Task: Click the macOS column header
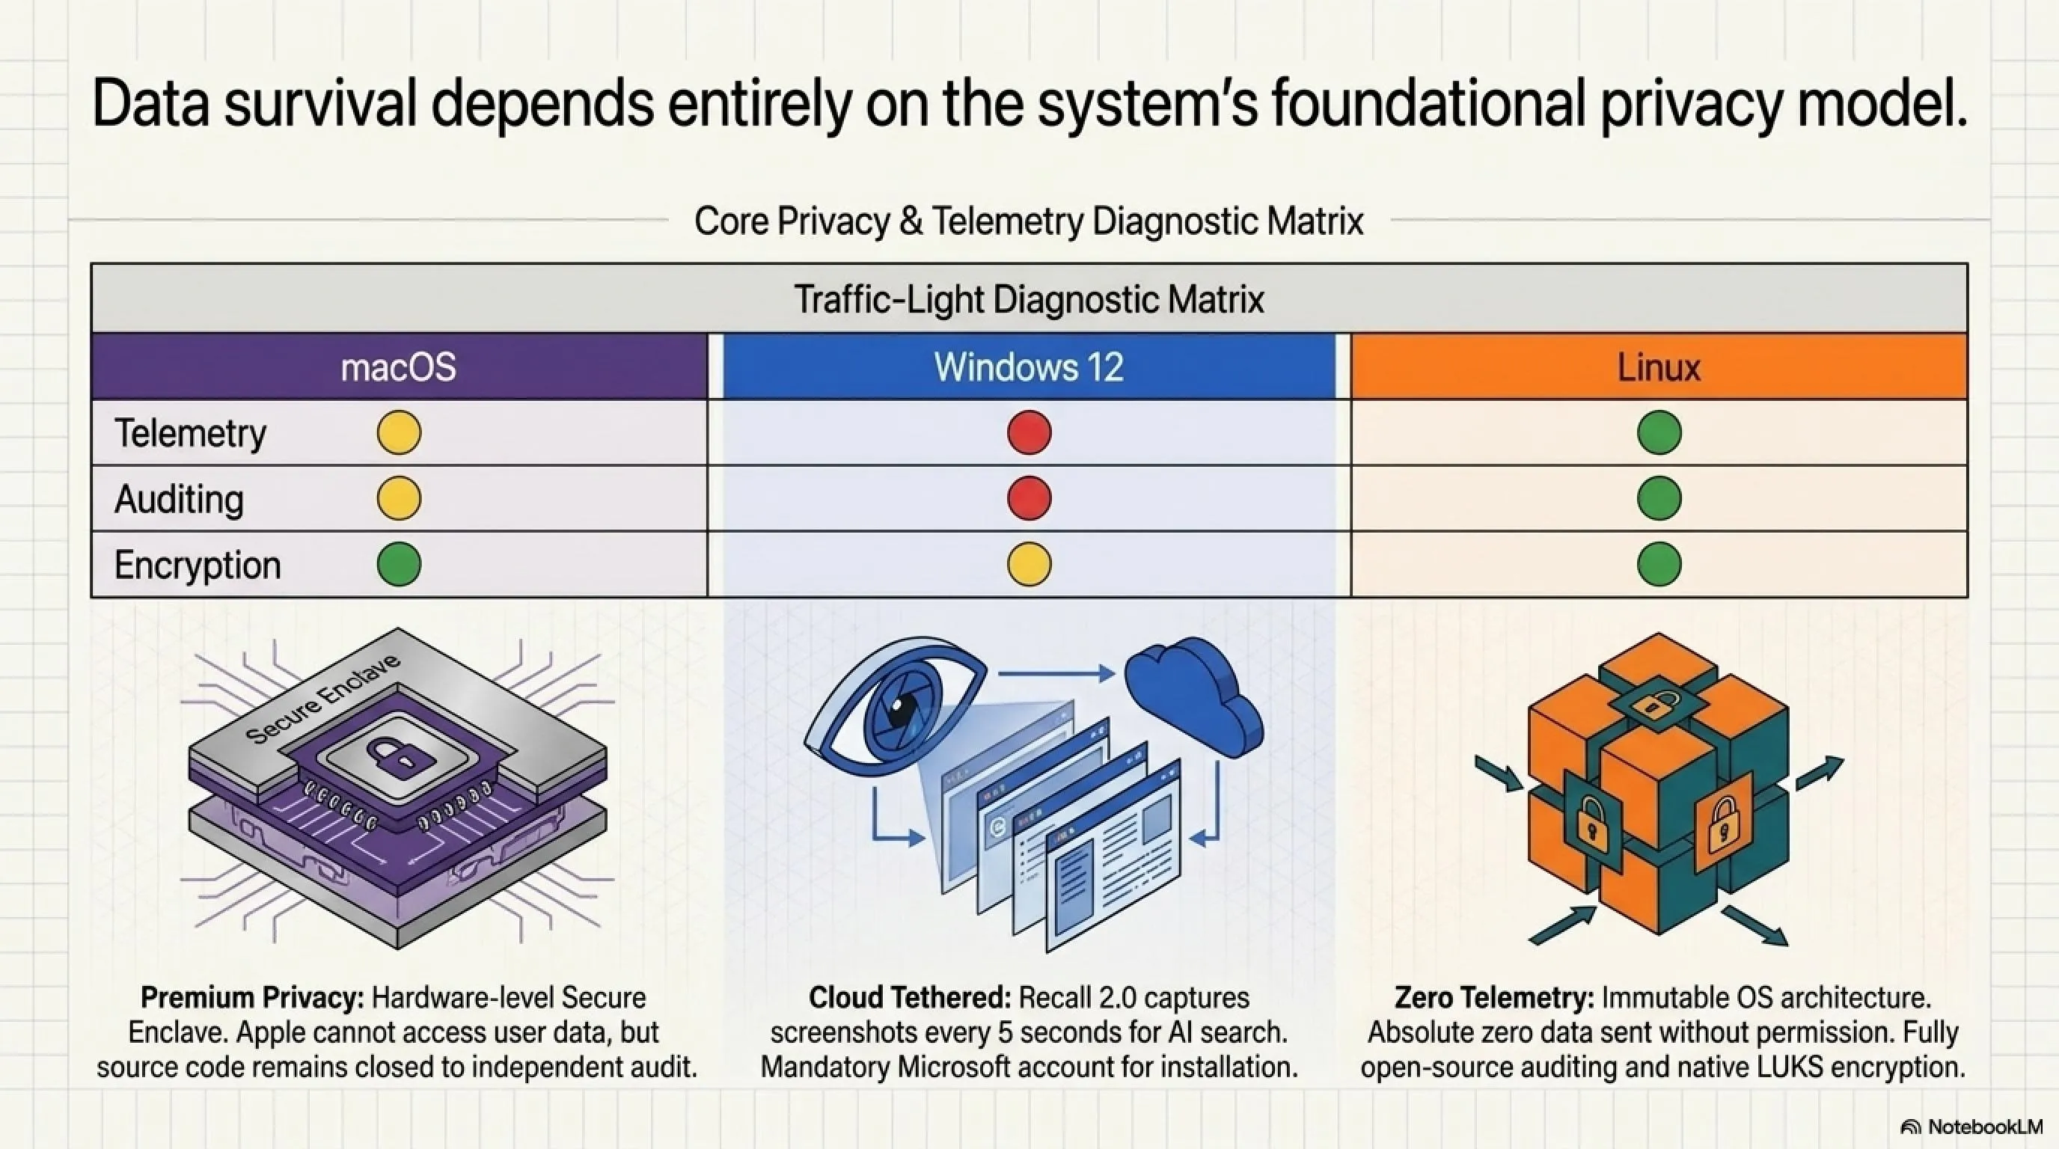[x=399, y=367]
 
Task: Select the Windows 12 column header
[x=1029, y=367]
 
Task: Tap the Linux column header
[x=1659, y=367]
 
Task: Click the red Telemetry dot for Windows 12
[x=1029, y=432]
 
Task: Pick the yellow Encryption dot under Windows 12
[x=1029, y=564]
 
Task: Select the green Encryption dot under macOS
[x=399, y=564]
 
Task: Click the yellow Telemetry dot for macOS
[x=399, y=432]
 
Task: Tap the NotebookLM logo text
[x=1985, y=1127]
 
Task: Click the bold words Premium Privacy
[x=253, y=998]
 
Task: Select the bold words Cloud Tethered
[x=911, y=998]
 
